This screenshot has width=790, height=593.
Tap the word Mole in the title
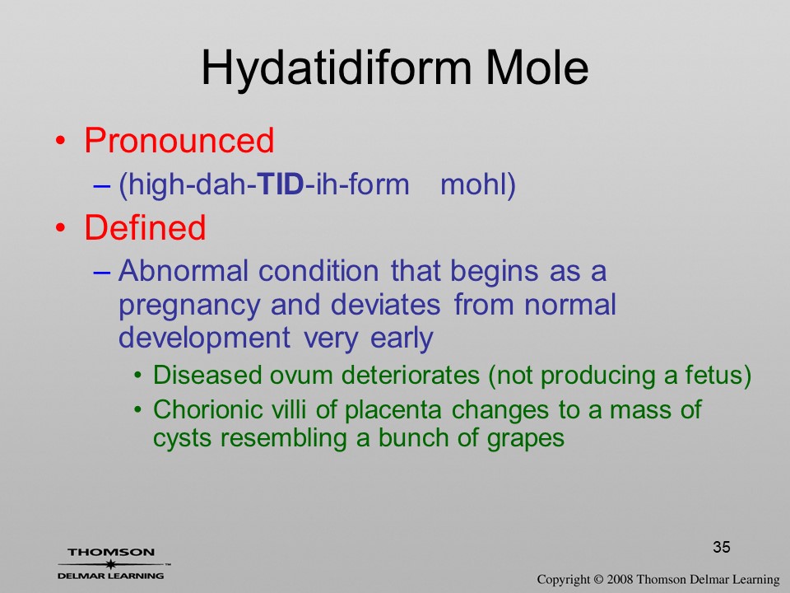537,68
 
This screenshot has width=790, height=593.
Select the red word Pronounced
179,140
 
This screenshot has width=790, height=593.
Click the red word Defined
145,227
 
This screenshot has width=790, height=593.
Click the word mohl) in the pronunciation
477,184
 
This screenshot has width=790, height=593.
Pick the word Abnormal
184,271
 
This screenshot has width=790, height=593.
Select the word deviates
385,304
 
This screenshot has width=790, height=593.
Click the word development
204,339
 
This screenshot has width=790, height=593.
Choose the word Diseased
207,376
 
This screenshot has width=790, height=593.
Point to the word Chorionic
208,409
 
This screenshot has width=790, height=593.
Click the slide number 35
722,547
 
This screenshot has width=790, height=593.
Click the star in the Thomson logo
111,564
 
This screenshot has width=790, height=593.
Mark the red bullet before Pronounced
60,141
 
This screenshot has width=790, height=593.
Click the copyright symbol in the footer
598,579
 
